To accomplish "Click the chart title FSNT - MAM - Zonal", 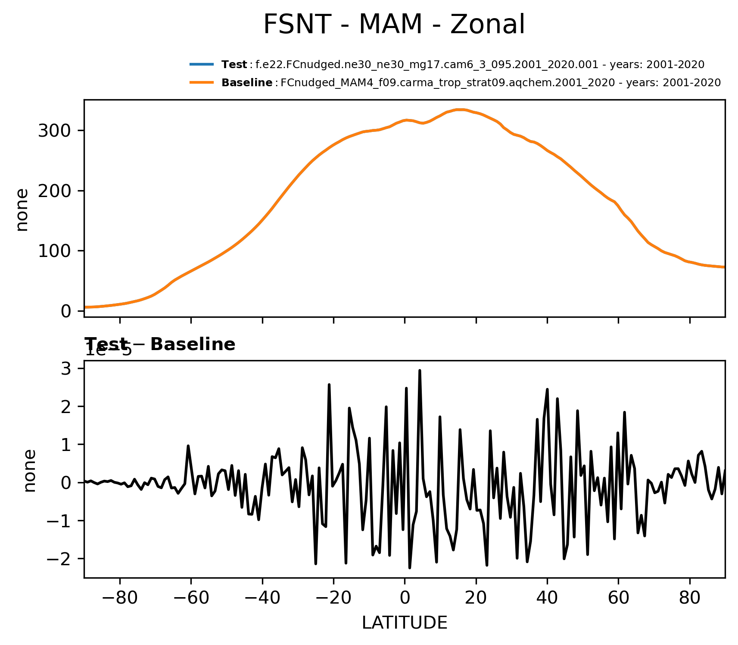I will (x=394, y=25).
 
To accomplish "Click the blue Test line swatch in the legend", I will (x=202, y=65).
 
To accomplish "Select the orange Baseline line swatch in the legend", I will (x=202, y=82).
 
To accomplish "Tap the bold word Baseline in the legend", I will (x=247, y=83).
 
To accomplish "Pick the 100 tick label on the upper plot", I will (x=55, y=251).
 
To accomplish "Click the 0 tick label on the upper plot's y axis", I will (x=66, y=311).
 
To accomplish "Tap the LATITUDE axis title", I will (x=405, y=623).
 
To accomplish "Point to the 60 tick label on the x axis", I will (x=618, y=598).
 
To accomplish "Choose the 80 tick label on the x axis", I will (x=690, y=598).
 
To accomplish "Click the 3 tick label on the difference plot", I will (x=67, y=369).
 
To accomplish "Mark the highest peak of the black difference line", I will (x=420, y=370).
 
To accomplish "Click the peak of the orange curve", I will (x=460, y=110).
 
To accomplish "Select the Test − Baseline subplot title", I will (x=160, y=344).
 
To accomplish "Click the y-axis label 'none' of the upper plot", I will (x=22, y=210).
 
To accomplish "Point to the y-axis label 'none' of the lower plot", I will (x=29, y=470).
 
